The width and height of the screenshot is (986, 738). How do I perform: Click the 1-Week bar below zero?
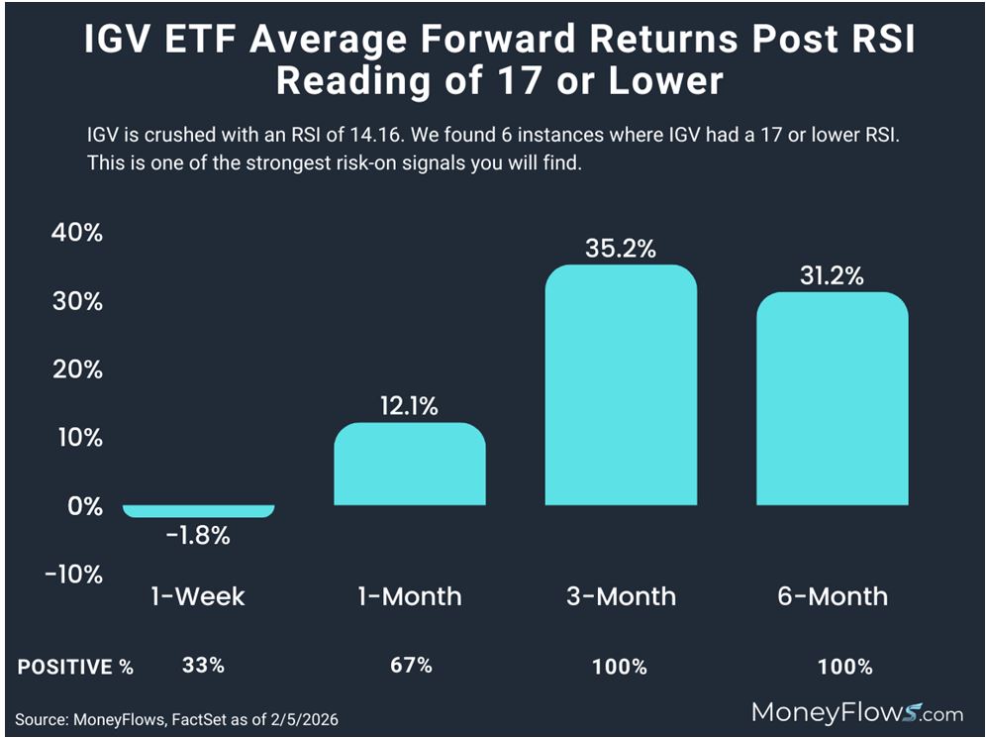click(x=198, y=511)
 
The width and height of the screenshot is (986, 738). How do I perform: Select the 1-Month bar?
click(x=410, y=465)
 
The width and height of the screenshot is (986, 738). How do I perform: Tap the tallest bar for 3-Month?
click(x=621, y=385)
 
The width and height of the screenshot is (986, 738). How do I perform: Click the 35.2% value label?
click(x=621, y=249)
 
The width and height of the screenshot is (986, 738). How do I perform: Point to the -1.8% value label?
click(x=198, y=536)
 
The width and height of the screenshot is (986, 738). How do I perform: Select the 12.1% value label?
click(x=410, y=406)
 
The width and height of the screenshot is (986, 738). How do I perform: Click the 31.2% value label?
click(x=832, y=276)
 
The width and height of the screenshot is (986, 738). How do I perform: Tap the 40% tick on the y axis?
click(x=76, y=234)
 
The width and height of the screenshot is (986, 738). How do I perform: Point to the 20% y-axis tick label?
click(x=76, y=369)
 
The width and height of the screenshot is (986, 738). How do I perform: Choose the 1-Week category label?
click(x=198, y=596)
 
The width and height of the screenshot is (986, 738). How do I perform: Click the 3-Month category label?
click(x=621, y=596)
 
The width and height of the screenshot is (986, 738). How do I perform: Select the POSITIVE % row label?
click(x=75, y=667)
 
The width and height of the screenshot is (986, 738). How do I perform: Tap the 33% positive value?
click(x=203, y=666)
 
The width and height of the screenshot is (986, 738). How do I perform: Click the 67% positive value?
click(x=411, y=666)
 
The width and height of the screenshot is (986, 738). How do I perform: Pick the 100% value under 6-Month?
click(x=845, y=667)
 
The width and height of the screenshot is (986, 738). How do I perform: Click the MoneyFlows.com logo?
click(x=857, y=711)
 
